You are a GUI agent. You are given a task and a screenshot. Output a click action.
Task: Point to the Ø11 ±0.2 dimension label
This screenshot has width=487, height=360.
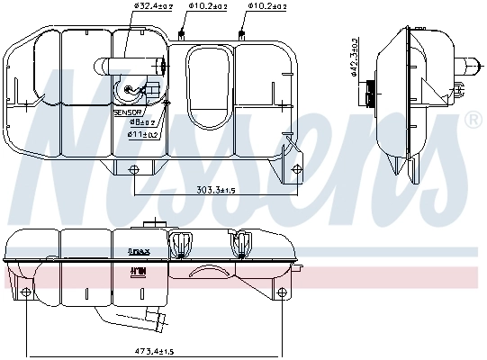pyautogui.click(x=145, y=134)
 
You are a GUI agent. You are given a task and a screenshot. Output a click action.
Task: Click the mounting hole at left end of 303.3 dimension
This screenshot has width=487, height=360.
pyautogui.click(x=134, y=170)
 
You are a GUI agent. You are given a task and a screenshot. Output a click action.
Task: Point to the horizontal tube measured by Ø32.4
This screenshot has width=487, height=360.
pyautogui.click(x=135, y=65)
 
